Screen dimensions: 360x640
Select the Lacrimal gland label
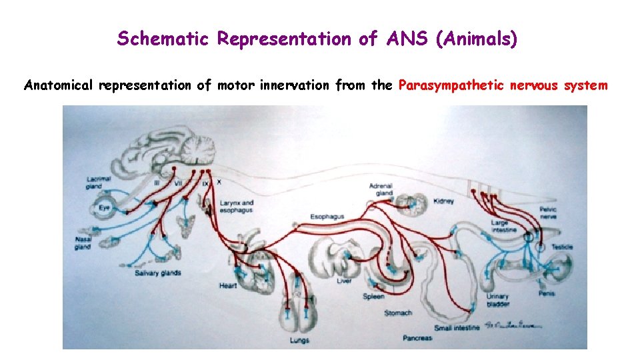(98, 183)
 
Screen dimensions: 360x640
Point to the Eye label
(104, 208)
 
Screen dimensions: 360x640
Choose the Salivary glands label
(158, 273)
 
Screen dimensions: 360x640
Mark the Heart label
(228, 286)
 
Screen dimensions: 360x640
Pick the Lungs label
(299, 340)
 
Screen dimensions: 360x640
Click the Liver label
(344, 281)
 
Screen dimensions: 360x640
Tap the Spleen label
(373, 297)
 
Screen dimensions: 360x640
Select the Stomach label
(398, 313)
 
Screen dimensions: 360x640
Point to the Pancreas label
(417, 338)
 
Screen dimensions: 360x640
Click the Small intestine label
(457, 328)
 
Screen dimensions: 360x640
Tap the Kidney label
(444, 201)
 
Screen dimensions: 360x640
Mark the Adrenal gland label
(381, 189)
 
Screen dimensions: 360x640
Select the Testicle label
(562, 247)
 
